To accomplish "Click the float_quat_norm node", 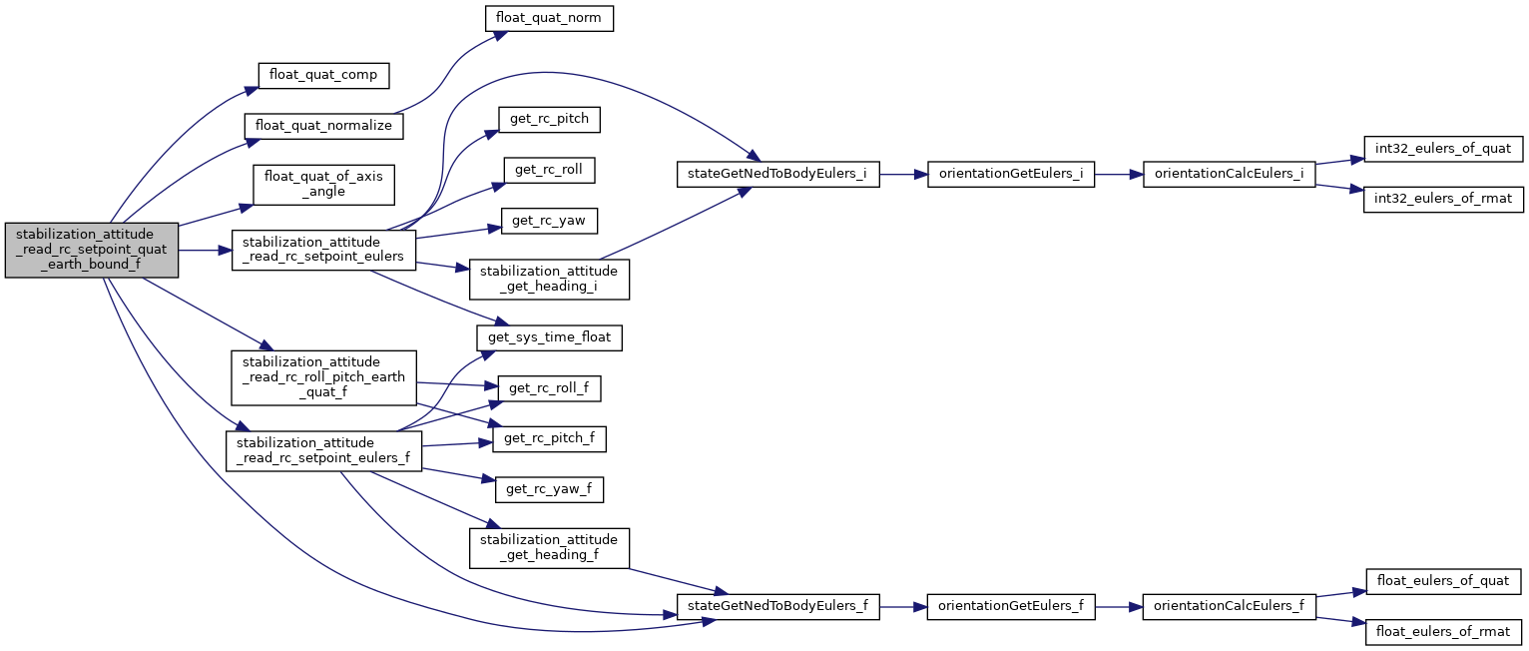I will (548, 18).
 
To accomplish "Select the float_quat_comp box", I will (322, 75).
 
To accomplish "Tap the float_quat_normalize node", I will (324, 127).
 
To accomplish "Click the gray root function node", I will (92, 250).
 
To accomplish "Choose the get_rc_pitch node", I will (550, 120).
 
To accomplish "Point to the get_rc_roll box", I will (550, 171).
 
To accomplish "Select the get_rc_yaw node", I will (550, 222).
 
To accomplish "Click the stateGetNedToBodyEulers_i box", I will (778, 173).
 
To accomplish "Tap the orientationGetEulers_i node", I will (1011, 173).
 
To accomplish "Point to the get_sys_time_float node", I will (550, 339).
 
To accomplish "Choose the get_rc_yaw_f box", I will (550, 489).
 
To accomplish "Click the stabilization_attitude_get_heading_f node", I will (550, 548).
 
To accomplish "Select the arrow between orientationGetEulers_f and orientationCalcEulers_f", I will (1119, 606).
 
